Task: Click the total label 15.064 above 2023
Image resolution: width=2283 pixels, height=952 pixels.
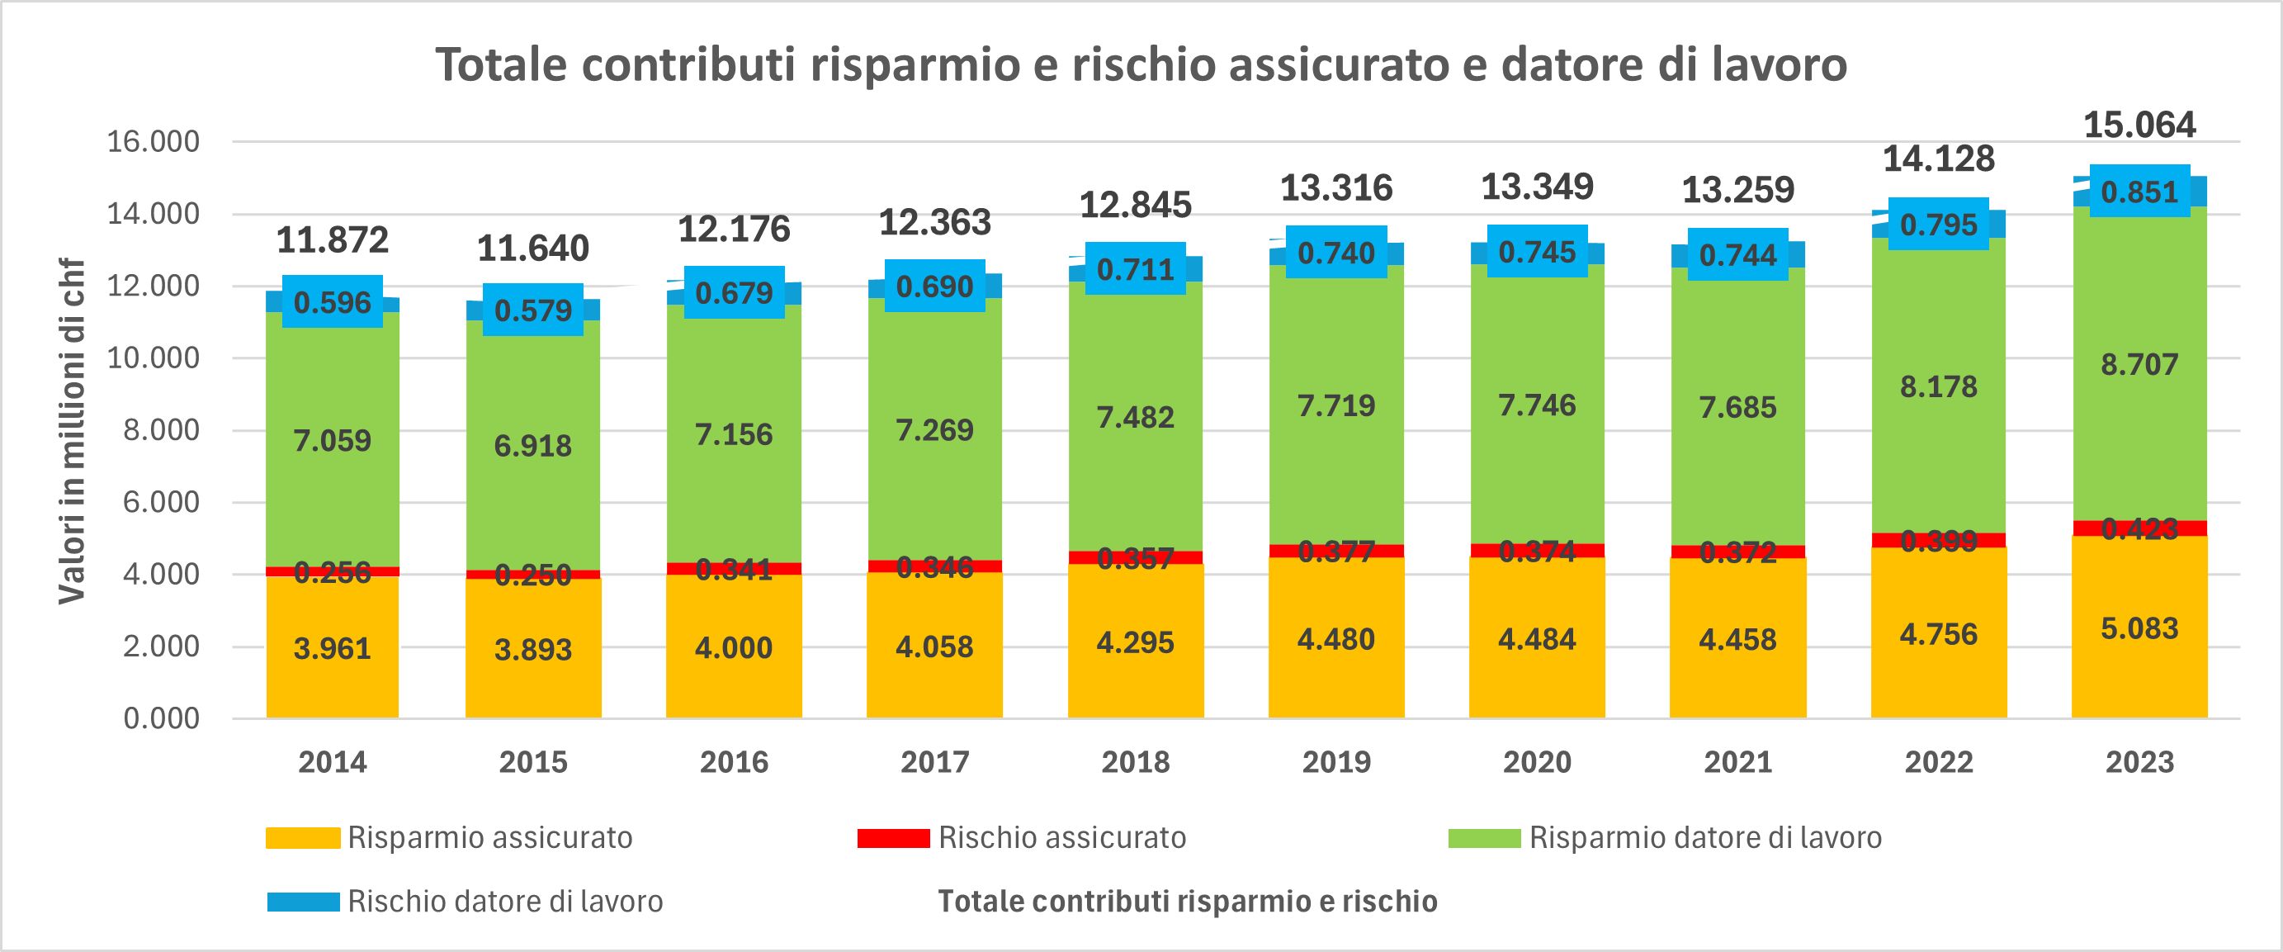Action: coord(2139,125)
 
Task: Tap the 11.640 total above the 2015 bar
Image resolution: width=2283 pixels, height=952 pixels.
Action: coord(532,249)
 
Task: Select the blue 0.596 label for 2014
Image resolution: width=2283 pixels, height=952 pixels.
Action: coord(333,303)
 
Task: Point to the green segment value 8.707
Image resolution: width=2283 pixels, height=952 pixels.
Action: coord(2139,364)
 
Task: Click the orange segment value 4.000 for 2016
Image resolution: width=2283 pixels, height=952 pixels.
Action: coord(733,648)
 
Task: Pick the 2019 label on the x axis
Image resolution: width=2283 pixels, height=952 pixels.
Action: coord(1335,761)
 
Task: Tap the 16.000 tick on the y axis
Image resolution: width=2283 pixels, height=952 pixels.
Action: coord(154,141)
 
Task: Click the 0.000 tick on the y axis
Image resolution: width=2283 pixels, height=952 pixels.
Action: coord(161,718)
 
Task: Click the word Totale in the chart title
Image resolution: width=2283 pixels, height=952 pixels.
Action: coord(501,64)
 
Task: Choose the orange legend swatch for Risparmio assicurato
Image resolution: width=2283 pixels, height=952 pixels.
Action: coord(303,838)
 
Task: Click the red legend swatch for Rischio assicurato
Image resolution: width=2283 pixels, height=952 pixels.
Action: coord(893,838)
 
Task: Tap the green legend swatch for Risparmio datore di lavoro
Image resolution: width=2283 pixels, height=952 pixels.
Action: coord(1485,838)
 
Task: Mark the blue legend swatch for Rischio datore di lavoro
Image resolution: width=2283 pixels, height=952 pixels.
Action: coord(303,902)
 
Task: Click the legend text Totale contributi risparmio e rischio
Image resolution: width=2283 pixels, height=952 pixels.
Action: coord(1188,902)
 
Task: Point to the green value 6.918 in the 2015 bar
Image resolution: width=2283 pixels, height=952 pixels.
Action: coord(532,446)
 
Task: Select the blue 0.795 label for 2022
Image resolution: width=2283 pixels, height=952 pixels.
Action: coord(1938,225)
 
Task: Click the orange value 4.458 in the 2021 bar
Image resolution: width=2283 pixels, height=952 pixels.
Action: coord(1737,640)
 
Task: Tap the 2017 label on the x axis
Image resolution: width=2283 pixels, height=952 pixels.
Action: coord(934,761)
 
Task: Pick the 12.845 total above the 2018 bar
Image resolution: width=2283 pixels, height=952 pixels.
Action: coord(1134,205)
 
